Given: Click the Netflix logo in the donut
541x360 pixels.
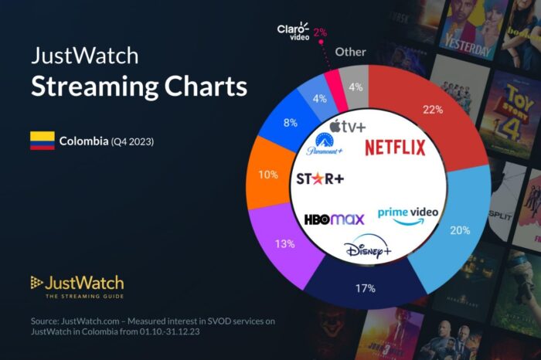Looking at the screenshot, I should tap(395, 147).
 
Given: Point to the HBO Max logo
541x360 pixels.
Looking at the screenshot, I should tap(334, 219).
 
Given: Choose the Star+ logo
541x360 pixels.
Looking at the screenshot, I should tap(321, 179).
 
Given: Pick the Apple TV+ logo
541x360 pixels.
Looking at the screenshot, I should tap(347, 126).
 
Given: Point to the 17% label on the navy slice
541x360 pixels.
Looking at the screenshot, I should tap(366, 289).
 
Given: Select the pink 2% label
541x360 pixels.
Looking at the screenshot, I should tap(320, 32).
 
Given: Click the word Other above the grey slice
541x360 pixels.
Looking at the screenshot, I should tap(350, 53).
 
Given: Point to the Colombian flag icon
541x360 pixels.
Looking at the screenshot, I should tap(43, 141).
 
